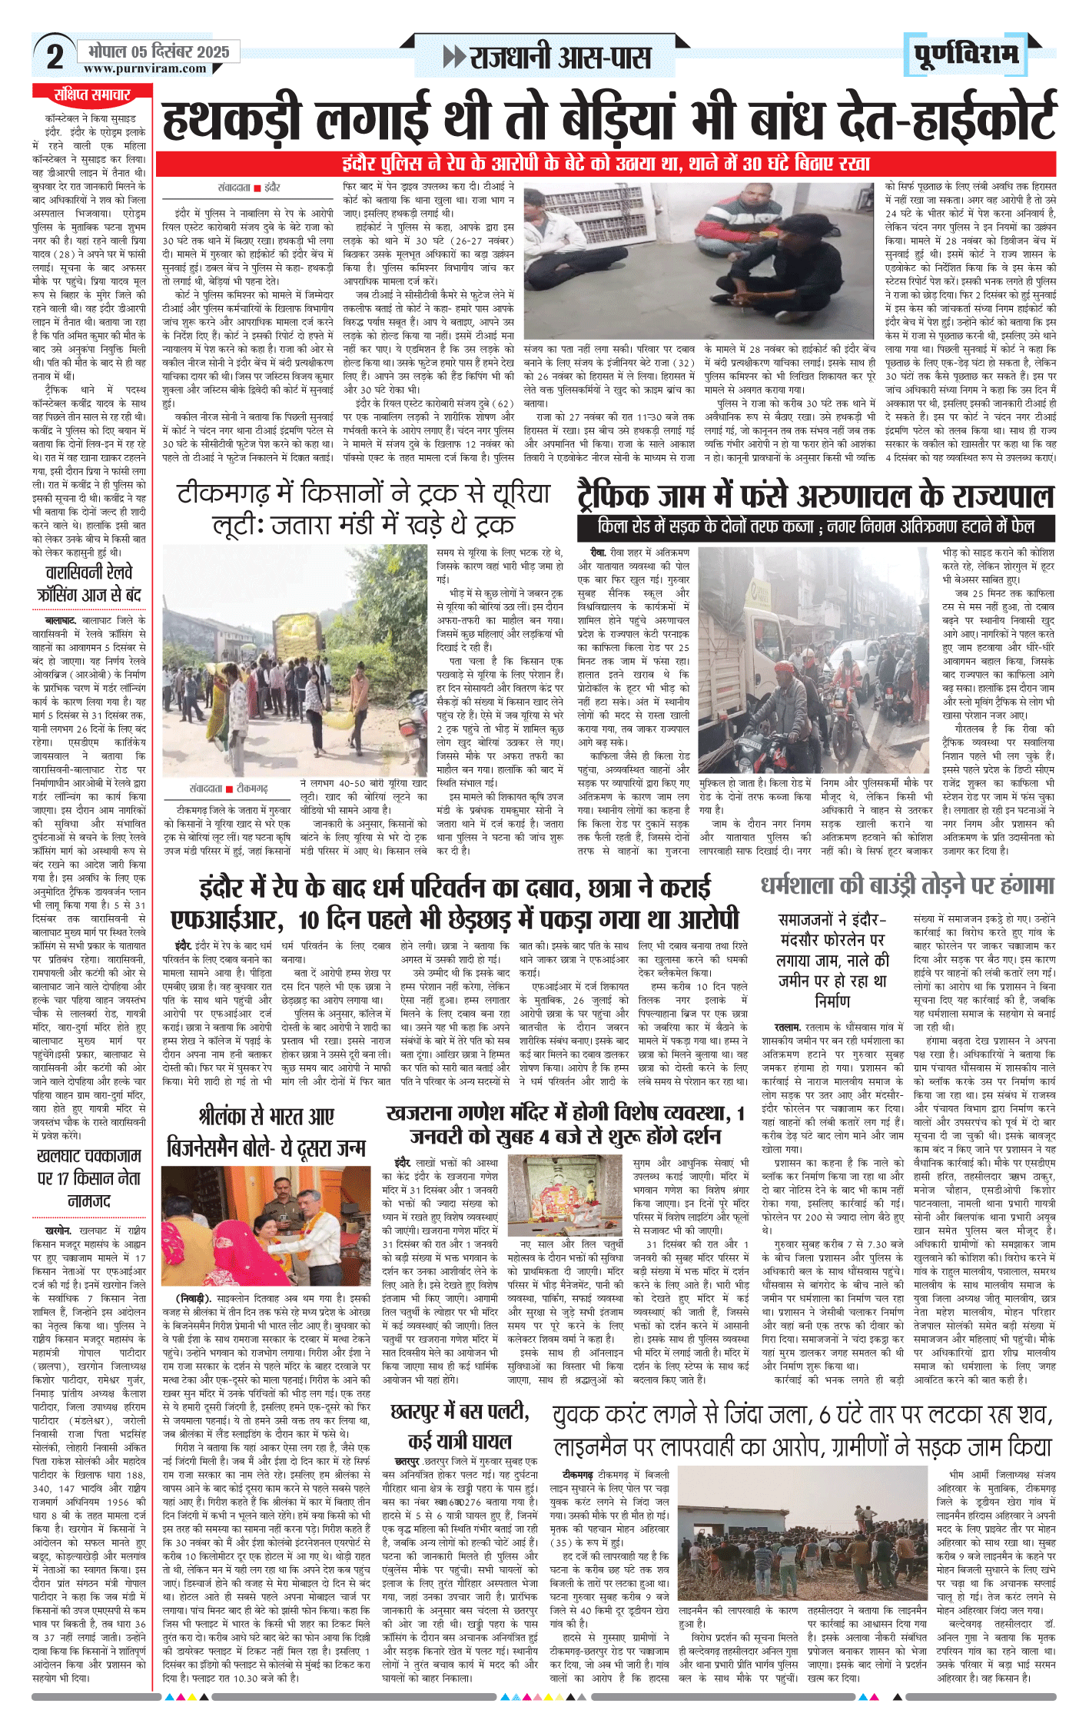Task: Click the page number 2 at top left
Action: pyautogui.click(x=55, y=56)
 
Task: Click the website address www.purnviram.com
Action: pyautogui.click(x=145, y=68)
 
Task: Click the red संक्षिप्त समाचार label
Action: pyautogui.click(x=91, y=95)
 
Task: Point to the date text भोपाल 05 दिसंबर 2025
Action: pyautogui.click(x=158, y=51)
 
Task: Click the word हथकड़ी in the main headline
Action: pyautogui.click(x=234, y=120)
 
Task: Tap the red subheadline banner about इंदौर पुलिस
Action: pyautogui.click(x=606, y=164)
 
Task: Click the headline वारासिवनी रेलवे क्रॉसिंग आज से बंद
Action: pyautogui.click(x=89, y=583)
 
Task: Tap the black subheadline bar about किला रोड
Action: pyautogui.click(x=815, y=527)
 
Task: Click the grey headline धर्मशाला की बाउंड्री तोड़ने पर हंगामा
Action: pyautogui.click(x=908, y=885)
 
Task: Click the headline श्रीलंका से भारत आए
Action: pyautogui.click(x=266, y=1116)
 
